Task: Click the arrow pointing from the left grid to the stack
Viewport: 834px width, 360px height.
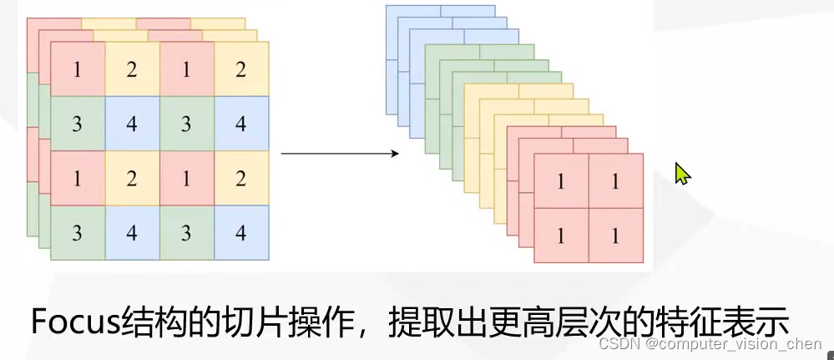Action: pyautogui.click(x=338, y=154)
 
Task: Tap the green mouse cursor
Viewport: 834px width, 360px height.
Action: pyautogui.click(x=682, y=174)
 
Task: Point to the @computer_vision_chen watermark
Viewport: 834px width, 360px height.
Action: pyautogui.click(x=735, y=345)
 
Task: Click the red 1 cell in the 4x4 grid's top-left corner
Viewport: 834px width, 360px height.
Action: pyautogui.click(x=78, y=69)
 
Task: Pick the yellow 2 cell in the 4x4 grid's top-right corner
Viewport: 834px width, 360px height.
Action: pyautogui.click(x=241, y=69)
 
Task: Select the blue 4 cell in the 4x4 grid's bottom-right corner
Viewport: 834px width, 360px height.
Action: pyautogui.click(x=241, y=232)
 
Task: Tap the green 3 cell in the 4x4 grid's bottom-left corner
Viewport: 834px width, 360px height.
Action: pyautogui.click(x=78, y=232)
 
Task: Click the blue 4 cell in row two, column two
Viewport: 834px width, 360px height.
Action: pyautogui.click(x=132, y=124)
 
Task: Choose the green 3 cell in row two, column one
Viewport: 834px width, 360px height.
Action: pyautogui.click(x=78, y=124)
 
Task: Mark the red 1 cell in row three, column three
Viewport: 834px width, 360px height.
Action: pyautogui.click(x=186, y=178)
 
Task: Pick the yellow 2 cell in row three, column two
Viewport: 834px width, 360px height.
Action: pyautogui.click(x=132, y=178)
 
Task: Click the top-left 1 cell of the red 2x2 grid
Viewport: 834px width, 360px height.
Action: pyautogui.click(x=561, y=181)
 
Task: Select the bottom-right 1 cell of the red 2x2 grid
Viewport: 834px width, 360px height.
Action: pyautogui.click(x=615, y=236)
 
